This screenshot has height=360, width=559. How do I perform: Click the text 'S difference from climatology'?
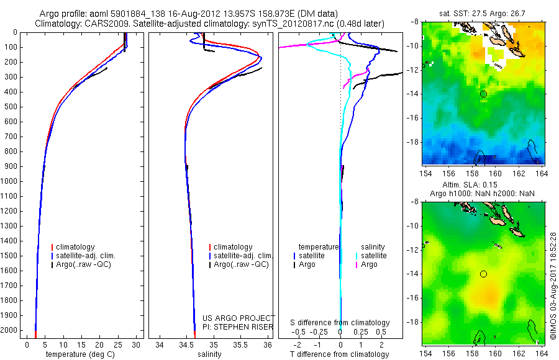pyautogui.click(x=340, y=323)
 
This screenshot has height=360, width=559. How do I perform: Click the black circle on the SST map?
pyautogui.click(x=483, y=94)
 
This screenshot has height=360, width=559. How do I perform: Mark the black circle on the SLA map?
pyautogui.click(x=483, y=274)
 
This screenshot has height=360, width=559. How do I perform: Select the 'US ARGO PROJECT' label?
pyautogui.click(x=239, y=318)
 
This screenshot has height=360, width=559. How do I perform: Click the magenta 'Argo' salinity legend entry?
pyautogui.click(x=369, y=264)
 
